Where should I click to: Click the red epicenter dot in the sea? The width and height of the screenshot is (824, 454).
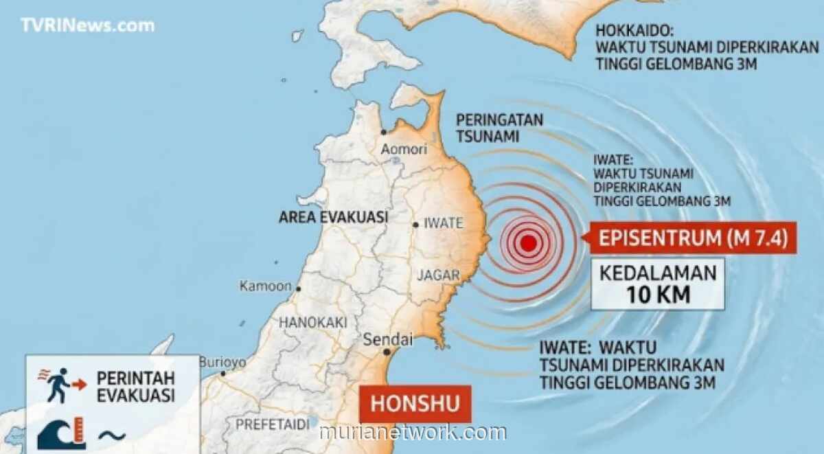coord(528,242)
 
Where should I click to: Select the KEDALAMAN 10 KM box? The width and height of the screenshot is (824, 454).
coord(658,284)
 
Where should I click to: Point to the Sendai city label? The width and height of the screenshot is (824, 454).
coord(387,339)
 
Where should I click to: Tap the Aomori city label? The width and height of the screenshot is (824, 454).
coord(404,149)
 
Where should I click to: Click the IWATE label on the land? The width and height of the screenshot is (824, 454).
coord(444,223)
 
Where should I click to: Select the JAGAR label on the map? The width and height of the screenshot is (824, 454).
coord(438,275)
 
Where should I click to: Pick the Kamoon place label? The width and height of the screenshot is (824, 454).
coord(265,286)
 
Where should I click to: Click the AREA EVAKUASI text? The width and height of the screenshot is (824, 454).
coord(333,218)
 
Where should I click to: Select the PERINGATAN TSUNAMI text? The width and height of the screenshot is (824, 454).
coord(499,128)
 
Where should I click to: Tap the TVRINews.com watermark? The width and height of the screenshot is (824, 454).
coord(87,25)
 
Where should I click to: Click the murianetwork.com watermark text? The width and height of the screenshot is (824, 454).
coord(413,433)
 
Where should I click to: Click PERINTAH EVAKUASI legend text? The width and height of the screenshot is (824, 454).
coord(135,387)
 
